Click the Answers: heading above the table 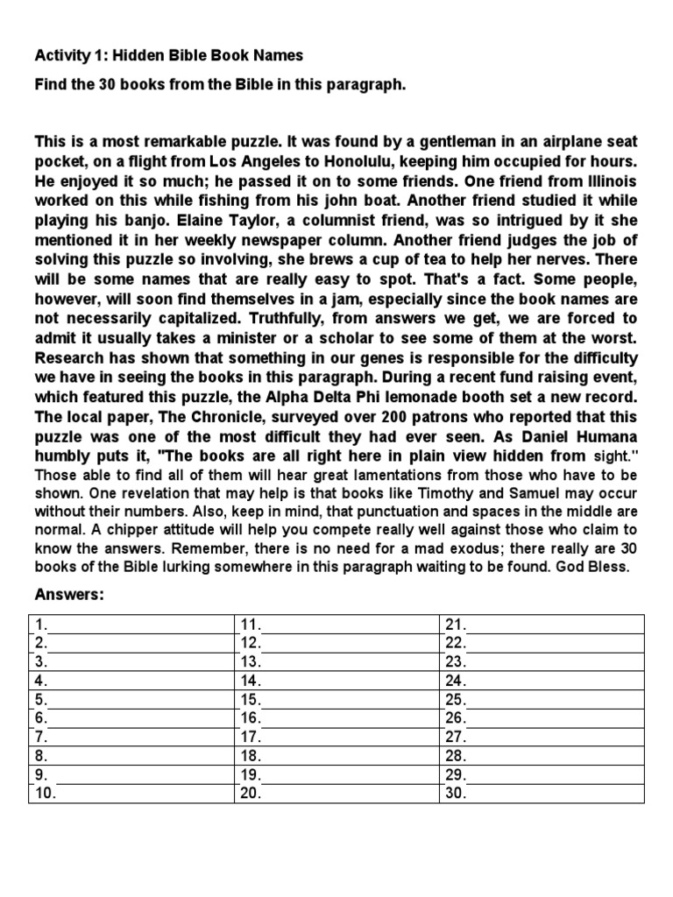tap(69, 595)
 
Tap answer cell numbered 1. tap(131, 624)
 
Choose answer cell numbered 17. tap(336, 736)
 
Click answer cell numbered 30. tap(541, 793)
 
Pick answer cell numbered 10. tap(131, 793)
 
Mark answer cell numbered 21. tap(541, 624)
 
